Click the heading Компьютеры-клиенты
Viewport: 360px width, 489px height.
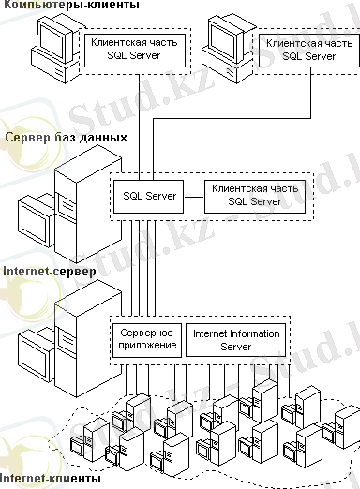(71, 5)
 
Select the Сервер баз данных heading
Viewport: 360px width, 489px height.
(67, 138)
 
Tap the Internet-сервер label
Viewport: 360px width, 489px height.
(50, 272)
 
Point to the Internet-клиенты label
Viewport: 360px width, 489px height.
(50, 478)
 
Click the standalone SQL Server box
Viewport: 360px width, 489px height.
(148, 197)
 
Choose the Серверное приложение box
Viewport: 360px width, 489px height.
(147, 340)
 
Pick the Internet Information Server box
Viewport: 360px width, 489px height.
(236, 340)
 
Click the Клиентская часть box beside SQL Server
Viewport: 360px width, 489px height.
(255, 197)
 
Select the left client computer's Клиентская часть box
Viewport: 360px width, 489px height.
(135, 50)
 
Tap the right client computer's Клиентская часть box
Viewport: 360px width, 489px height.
(309, 50)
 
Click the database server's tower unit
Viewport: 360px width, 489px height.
(88, 206)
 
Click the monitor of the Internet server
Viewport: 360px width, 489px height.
(35, 354)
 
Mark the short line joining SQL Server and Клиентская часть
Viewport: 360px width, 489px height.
(194, 197)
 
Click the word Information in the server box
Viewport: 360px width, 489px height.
(253, 333)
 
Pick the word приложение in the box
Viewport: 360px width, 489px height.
(147, 346)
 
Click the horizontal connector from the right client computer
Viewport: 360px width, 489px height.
(232, 118)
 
